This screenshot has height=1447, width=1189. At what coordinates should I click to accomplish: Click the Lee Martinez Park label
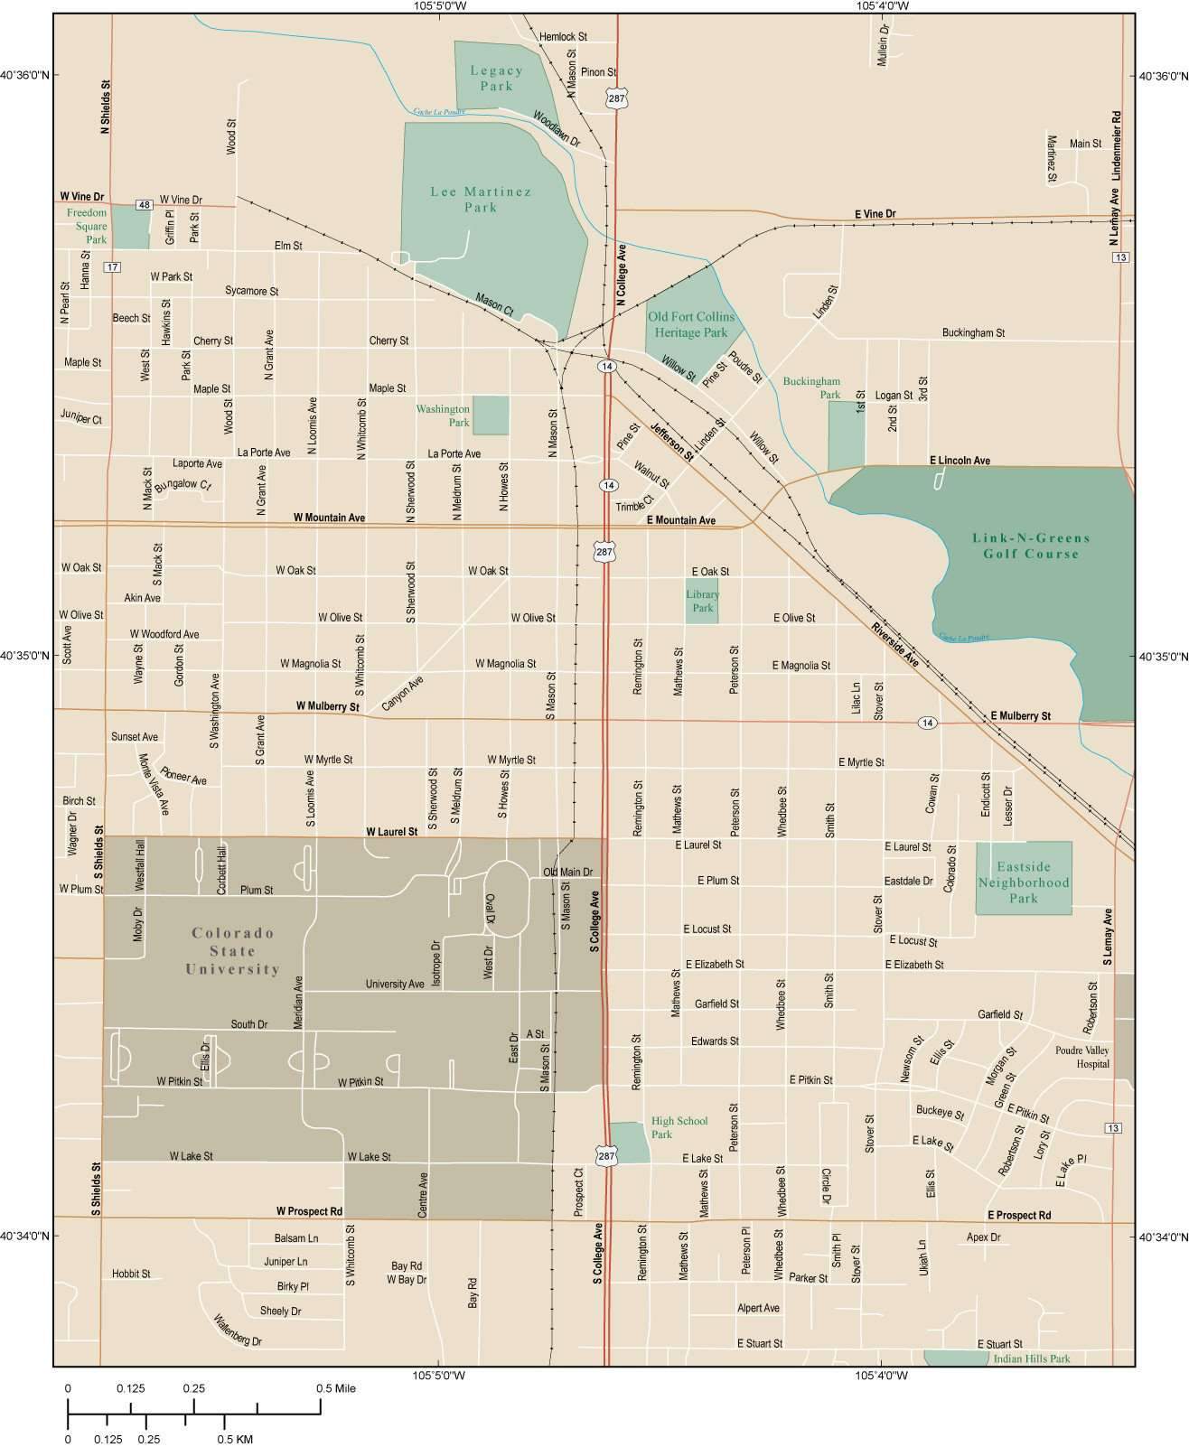(x=467, y=199)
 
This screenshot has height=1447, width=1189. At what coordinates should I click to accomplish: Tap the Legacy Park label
(x=496, y=78)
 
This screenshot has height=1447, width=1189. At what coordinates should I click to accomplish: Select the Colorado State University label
(x=232, y=951)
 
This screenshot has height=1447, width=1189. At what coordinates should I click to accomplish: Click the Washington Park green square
(x=491, y=415)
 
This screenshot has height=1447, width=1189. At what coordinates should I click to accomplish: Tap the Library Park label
(x=702, y=601)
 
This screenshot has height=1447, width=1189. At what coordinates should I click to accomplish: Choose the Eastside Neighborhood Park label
(x=1024, y=882)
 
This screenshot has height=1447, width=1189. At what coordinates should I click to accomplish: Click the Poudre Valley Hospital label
(x=1081, y=1057)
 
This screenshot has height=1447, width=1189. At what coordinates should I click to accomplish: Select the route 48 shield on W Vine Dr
(x=144, y=205)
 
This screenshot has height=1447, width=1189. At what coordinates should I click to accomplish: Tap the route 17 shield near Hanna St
(x=111, y=266)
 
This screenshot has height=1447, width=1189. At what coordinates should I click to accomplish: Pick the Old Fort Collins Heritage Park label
(x=691, y=324)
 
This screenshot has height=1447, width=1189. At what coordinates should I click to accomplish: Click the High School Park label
(x=679, y=1127)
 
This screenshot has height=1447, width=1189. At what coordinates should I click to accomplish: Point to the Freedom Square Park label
(x=87, y=226)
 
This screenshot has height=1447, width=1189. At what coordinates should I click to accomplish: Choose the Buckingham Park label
(x=811, y=387)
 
